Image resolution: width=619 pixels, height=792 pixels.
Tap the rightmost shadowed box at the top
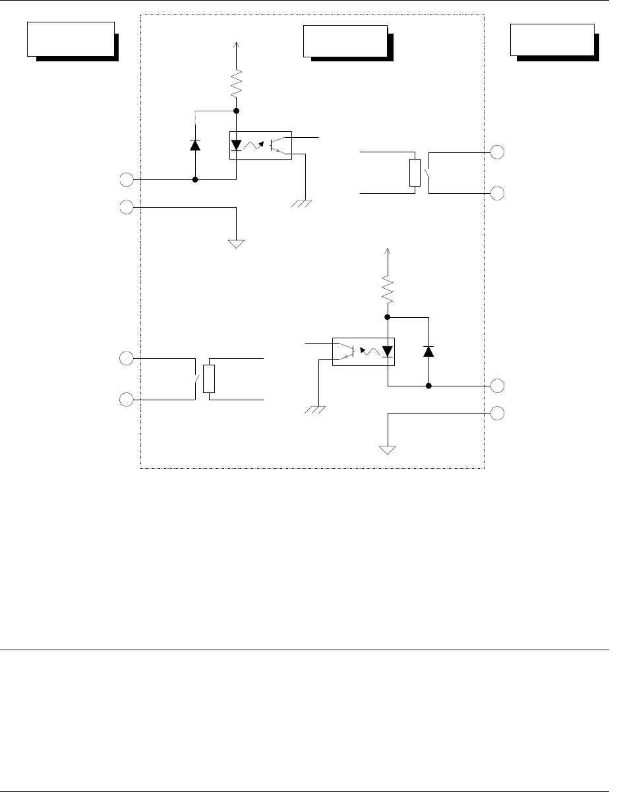tap(554, 40)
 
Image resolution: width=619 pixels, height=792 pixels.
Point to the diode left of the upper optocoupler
tap(195, 145)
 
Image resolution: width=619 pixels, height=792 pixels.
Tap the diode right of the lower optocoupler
tap(428, 351)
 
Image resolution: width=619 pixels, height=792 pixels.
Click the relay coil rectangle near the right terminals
tap(414, 172)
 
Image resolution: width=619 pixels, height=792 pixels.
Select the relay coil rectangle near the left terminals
tap(209, 379)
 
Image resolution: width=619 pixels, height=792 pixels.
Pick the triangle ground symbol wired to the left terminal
tap(236, 244)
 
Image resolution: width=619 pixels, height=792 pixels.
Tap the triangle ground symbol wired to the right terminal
tap(388, 450)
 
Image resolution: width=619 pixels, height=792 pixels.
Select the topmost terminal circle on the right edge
tap(498, 152)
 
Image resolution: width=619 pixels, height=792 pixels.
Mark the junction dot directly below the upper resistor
tap(237, 111)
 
